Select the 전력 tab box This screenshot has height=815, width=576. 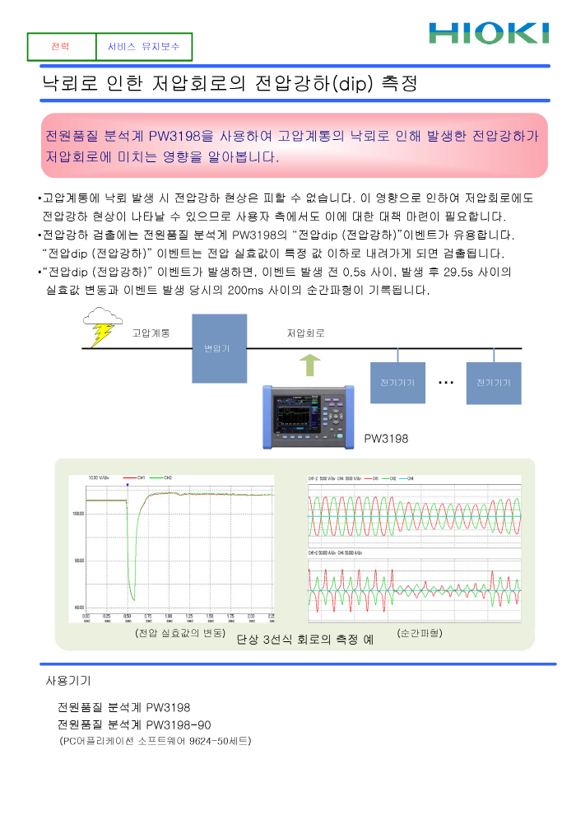tap(61, 47)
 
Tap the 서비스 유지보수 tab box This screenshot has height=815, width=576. tap(143, 47)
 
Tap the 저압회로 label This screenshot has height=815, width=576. tap(305, 333)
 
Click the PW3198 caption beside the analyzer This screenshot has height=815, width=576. tap(386, 439)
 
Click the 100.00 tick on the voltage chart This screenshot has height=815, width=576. tap(79, 513)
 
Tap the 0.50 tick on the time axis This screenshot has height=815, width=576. tap(127, 616)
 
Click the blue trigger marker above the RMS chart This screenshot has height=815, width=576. tap(128, 485)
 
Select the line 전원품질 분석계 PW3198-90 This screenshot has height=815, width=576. tap(134, 724)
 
